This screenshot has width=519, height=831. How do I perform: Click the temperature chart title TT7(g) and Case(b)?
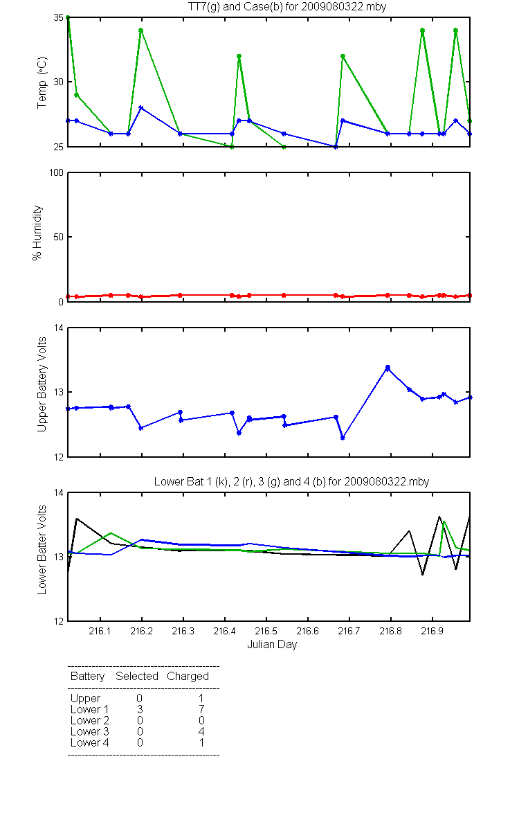pyautogui.click(x=287, y=7)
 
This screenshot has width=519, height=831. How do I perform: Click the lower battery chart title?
pyautogui.click(x=291, y=481)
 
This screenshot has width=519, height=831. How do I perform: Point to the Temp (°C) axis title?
pyautogui.click(x=42, y=82)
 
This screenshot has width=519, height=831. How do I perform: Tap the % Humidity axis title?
pyautogui.click(x=37, y=233)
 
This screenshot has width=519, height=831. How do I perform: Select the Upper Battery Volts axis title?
pyautogui.click(x=42, y=384)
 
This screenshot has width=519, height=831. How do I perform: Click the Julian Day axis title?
pyautogui.click(x=272, y=645)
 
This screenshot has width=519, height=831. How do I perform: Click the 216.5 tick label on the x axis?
pyautogui.click(x=266, y=631)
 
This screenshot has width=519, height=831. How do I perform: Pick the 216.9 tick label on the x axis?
pyautogui.click(x=432, y=631)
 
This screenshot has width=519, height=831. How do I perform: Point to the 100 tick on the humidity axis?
pyautogui.click(x=56, y=172)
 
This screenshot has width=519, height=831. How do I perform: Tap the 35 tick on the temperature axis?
pyautogui.click(x=59, y=17)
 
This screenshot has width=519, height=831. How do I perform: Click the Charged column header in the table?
pyautogui.click(x=188, y=677)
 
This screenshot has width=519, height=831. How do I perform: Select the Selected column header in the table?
pyautogui.click(x=137, y=677)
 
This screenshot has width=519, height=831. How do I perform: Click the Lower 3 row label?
pyautogui.click(x=90, y=731)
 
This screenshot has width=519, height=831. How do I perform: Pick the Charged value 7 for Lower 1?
pyautogui.click(x=201, y=709)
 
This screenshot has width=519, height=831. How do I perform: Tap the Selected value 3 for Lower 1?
pyautogui.click(x=140, y=709)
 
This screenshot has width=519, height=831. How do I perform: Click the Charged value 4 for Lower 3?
pyautogui.click(x=201, y=731)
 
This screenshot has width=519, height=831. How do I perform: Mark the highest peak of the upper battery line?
pyautogui.click(x=388, y=368)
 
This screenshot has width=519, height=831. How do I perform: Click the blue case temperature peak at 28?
pyautogui.click(x=141, y=107)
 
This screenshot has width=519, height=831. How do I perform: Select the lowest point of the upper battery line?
pyautogui.click(x=343, y=438)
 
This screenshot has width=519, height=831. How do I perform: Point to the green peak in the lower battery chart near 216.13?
pyautogui.click(x=111, y=533)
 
